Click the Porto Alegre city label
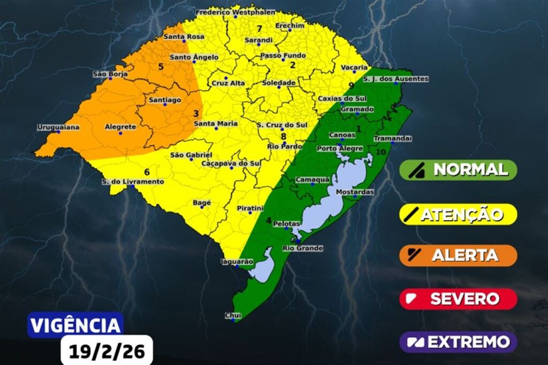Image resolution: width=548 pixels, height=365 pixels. tap(340, 148)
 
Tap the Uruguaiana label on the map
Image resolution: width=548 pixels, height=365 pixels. tap(58, 127)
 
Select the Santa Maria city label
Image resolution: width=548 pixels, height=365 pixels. tap(215, 123)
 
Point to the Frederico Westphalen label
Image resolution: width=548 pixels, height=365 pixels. tap(235, 12)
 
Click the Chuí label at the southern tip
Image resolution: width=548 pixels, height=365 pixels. tap(232, 315)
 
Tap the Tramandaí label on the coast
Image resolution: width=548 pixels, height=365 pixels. tap(392, 138)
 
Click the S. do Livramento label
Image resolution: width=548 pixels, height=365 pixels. tap(133, 182)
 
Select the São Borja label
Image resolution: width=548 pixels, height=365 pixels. tap(110, 74)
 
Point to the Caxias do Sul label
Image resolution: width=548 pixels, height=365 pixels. tap(341, 98)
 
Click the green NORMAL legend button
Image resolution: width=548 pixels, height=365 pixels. tap(458, 170)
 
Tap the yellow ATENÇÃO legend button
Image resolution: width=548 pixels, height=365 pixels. tap(458, 214)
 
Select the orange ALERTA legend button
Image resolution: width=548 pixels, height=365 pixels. tap(458, 255)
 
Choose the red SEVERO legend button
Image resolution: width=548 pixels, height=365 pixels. tap(458, 299)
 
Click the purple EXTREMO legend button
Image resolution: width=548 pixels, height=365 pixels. tap(458, 341)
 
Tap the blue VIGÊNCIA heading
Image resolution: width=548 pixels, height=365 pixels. tap(75, 325)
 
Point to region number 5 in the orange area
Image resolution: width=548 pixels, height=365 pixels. tap(160, 67)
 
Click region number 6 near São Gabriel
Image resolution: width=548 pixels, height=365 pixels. tap(147, 172)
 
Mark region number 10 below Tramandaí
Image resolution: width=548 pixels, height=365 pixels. tap(380, 152)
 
